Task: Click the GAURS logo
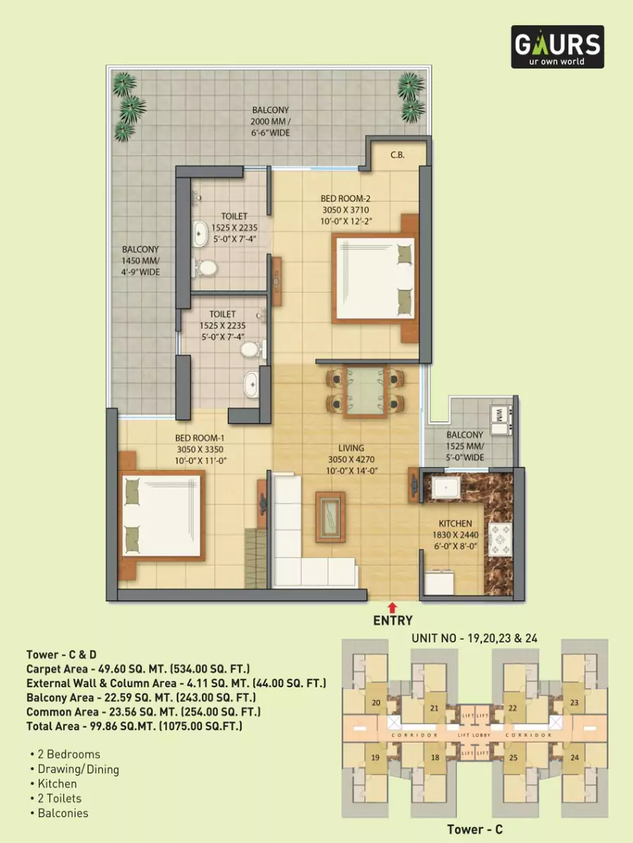(557, 46)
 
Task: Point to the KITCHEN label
(455, 523)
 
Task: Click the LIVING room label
(351, 447)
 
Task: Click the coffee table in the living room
(331, 513)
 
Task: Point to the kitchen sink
(445, 487)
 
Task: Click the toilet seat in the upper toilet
(205, 267)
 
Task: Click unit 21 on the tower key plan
(435, 708)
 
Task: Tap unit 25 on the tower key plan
(513, 758)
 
